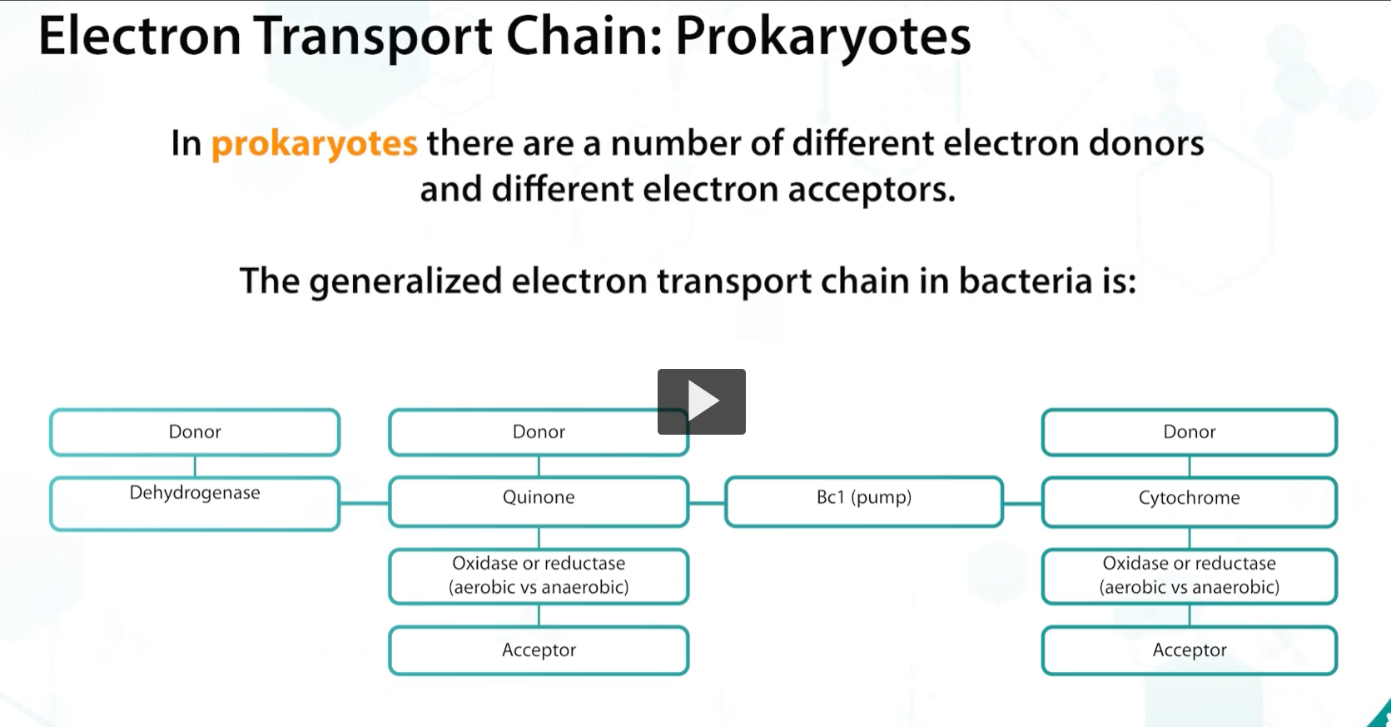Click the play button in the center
click(x=701, y=401)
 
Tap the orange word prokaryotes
click(x=314, y=143)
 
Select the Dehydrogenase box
click(x=195, y=503)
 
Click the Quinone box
click(x=539, y=500)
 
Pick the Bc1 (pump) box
click(x=864, y=500)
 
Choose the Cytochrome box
click(x=1189, y=500)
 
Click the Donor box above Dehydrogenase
click(x=195, y=432)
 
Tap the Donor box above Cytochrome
click(x=1189, y=432)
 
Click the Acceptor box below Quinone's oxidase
click(x=539, y=650)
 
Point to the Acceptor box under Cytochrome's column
click(x=1189, y=650)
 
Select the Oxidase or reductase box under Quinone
click(x=539, y=575)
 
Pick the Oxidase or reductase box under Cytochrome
click(x=1189, y=575)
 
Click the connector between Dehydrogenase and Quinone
click(x=365, y=503)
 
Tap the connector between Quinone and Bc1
click(x=707, y=503)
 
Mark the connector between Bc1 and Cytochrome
click(x=1022, y=503)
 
